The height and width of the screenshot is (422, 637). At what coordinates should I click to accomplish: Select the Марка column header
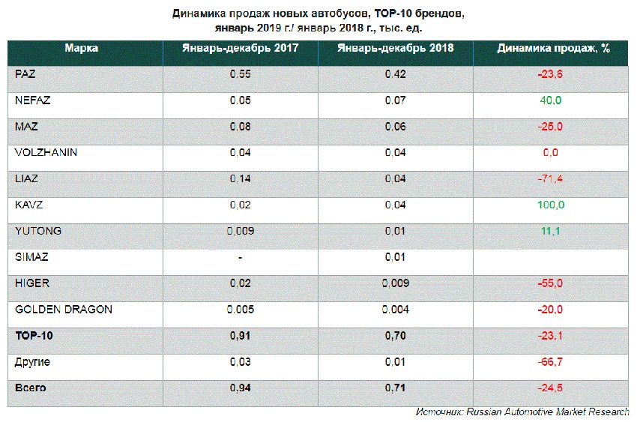81,48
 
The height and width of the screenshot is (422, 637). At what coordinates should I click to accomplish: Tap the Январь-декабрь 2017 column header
241,48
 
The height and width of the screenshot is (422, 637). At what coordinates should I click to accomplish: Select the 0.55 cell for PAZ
241,74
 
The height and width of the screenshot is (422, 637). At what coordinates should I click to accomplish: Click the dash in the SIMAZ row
241,257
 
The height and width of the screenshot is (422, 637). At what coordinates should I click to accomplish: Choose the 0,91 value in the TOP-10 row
241,336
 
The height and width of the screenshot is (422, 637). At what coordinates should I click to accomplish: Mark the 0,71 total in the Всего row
395,388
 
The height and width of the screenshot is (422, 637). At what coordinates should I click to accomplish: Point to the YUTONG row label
38,231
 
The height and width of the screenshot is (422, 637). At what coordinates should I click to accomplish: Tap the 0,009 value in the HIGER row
395,283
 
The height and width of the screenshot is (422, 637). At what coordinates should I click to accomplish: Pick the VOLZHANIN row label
46,152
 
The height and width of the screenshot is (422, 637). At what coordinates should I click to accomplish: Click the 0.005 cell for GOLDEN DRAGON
241,309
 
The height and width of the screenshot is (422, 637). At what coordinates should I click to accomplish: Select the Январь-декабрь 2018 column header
395,48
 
